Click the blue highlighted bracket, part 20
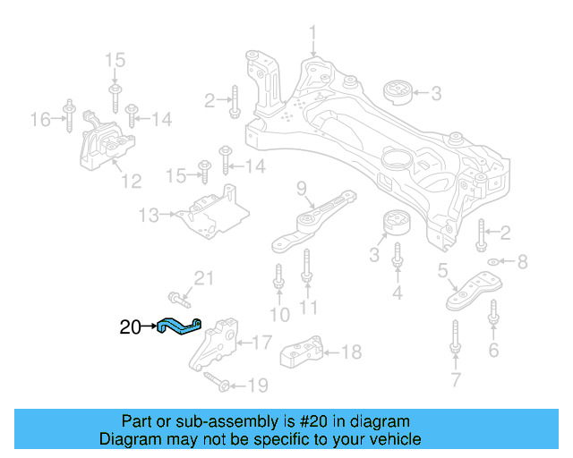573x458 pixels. point(180,327)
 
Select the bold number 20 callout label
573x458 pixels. point(131,328)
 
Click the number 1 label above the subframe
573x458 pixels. point(313,35)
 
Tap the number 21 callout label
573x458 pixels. point(206,278)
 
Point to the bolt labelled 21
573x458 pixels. point(177,296)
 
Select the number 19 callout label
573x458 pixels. point(257,386)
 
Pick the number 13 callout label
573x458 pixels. point(149,215)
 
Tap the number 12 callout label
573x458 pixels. point(131,182)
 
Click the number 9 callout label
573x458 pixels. point(302,188)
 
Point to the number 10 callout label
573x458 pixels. point(279,314)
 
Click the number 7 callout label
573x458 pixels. point(456,382)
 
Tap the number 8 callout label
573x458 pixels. point(524,262)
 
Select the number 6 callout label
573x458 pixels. point(493,350)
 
